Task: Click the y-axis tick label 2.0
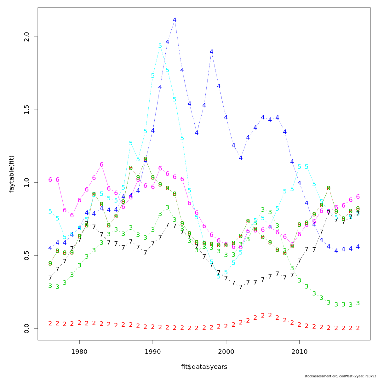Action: click(26, 37)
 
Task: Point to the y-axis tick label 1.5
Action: click(26, 110)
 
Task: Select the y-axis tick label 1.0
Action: click(26, 182)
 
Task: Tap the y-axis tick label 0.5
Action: click(26, 255)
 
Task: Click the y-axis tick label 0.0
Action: click(26, 328)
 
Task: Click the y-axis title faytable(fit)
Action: click(12, 174)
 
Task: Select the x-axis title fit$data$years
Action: click(204, 367)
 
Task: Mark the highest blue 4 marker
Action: click(175, 20)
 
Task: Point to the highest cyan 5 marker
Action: click(160, 46)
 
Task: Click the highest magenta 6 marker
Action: click(101, 164)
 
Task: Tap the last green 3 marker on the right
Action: click(358, 303)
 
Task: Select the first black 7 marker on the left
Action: click(50, 278)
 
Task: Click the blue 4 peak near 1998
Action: click(211, 52)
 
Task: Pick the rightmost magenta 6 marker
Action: click(358, 197)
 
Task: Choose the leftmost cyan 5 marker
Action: click(50, 211)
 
